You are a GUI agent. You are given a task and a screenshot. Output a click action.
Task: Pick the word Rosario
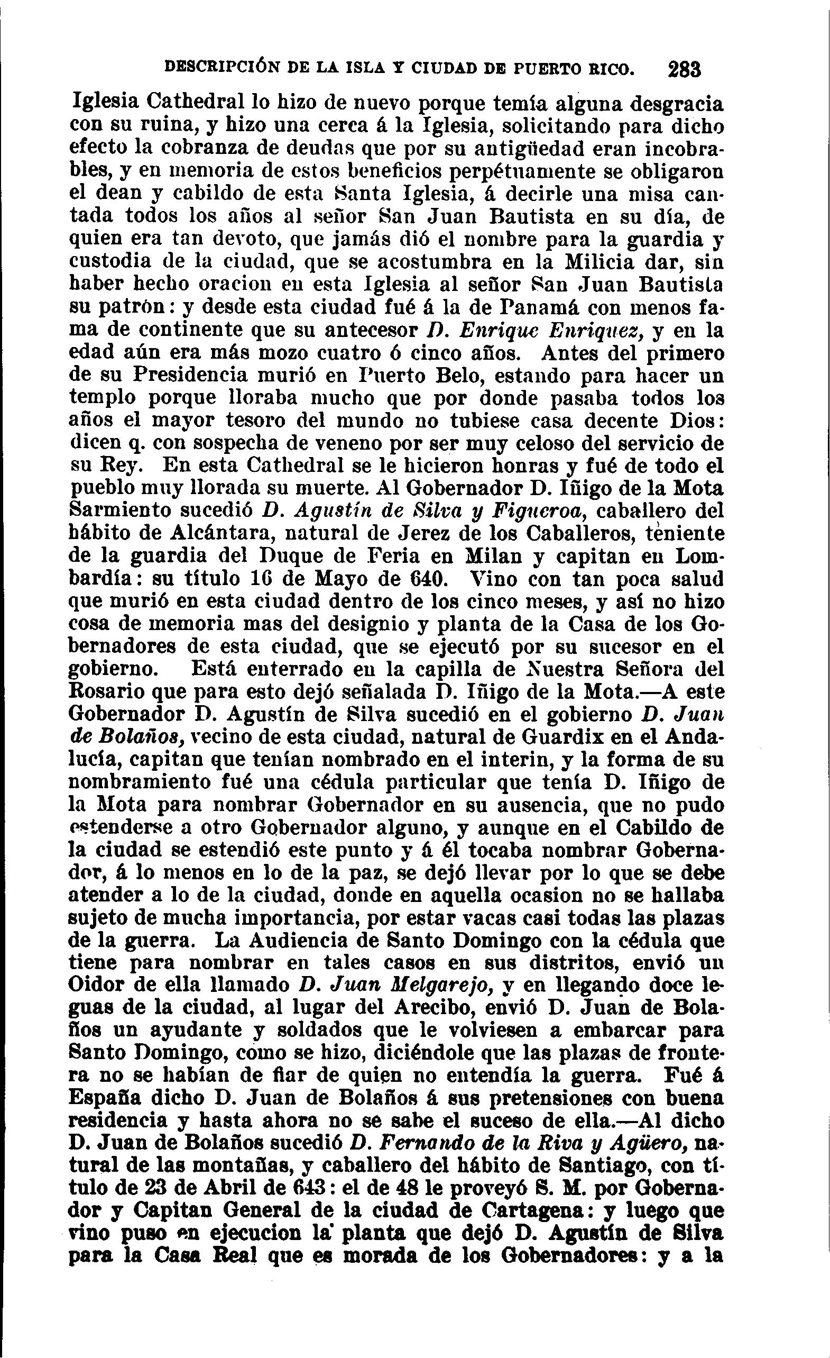(105, 691)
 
